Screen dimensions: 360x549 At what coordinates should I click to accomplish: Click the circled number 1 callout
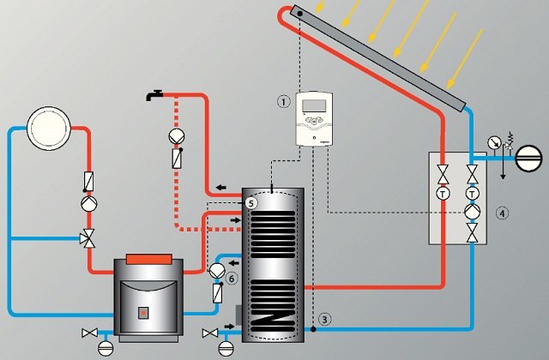pos(284,100)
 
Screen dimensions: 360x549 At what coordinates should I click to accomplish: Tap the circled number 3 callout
pos(323,319)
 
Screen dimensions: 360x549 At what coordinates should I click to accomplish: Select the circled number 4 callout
pos(502,212)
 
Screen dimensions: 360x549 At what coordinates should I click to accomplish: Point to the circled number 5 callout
pos(250,203)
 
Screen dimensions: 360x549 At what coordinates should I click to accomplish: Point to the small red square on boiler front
pos(143,311)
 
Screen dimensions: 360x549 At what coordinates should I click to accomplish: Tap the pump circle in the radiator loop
pos(87,206)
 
